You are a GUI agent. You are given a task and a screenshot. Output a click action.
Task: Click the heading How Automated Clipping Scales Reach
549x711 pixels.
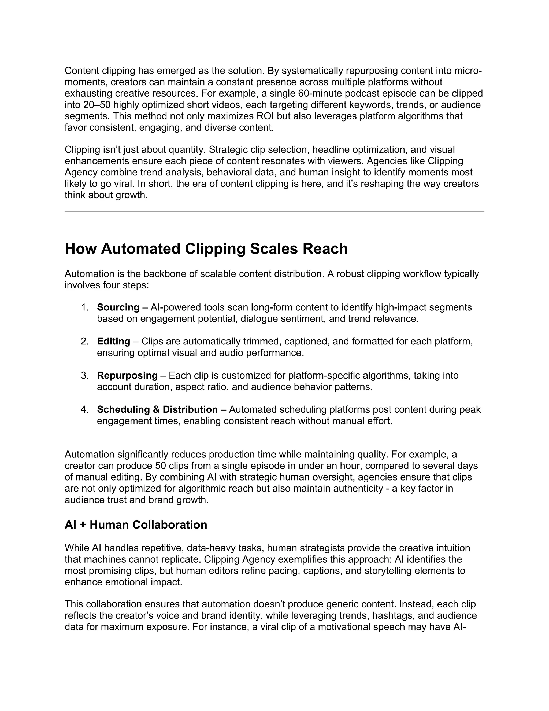pos(206,249)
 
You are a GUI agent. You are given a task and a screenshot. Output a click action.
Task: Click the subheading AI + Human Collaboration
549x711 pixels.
pos(136,525)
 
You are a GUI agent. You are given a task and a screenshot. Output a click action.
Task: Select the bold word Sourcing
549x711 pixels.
pos(118,307)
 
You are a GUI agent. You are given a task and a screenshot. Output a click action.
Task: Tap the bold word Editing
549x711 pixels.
pos(113,342)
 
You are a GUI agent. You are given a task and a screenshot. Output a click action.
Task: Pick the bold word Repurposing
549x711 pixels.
pos(127,375)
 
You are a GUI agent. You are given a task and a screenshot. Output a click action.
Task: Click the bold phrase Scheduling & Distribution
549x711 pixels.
pos(157,409)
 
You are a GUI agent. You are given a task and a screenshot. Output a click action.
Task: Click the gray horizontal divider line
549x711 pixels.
pos(274,212)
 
